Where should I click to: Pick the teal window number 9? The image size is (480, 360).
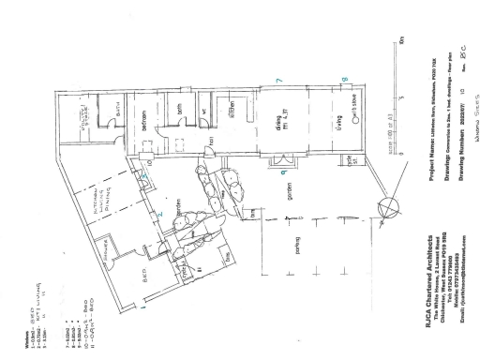(282, 172)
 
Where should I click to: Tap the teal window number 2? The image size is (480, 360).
(160, 215)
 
